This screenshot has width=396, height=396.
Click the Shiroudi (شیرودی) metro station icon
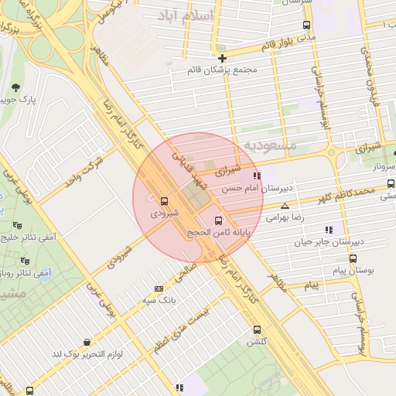(x=163, y=200)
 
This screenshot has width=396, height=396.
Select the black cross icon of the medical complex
(x=222, y=58)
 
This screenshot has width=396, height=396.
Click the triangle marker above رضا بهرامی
(x=285, y=206)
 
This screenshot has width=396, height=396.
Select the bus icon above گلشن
(x=257, y=329)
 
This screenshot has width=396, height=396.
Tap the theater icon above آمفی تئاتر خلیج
(x=17, y=226)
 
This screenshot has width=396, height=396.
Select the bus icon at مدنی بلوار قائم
(x=307, y=25)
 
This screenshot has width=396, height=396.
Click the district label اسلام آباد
(x=181, y=16)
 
